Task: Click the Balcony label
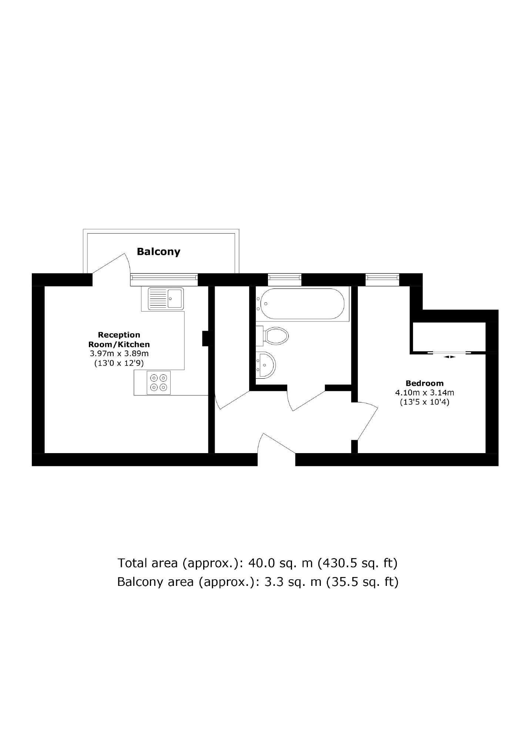pos(158,252)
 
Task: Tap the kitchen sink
pos(165,298)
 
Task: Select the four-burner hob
pos(159,382)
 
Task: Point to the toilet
pos(274,336)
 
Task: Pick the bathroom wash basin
pos(266,365)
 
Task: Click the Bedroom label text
pos(425,383)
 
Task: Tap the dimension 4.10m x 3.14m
pos(425,392)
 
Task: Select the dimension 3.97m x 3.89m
pos(119,354)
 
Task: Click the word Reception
pos(119,335)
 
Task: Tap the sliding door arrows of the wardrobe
pos(449,357)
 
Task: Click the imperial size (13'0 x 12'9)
pos(119,363)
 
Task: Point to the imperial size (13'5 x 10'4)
pos(425,402)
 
